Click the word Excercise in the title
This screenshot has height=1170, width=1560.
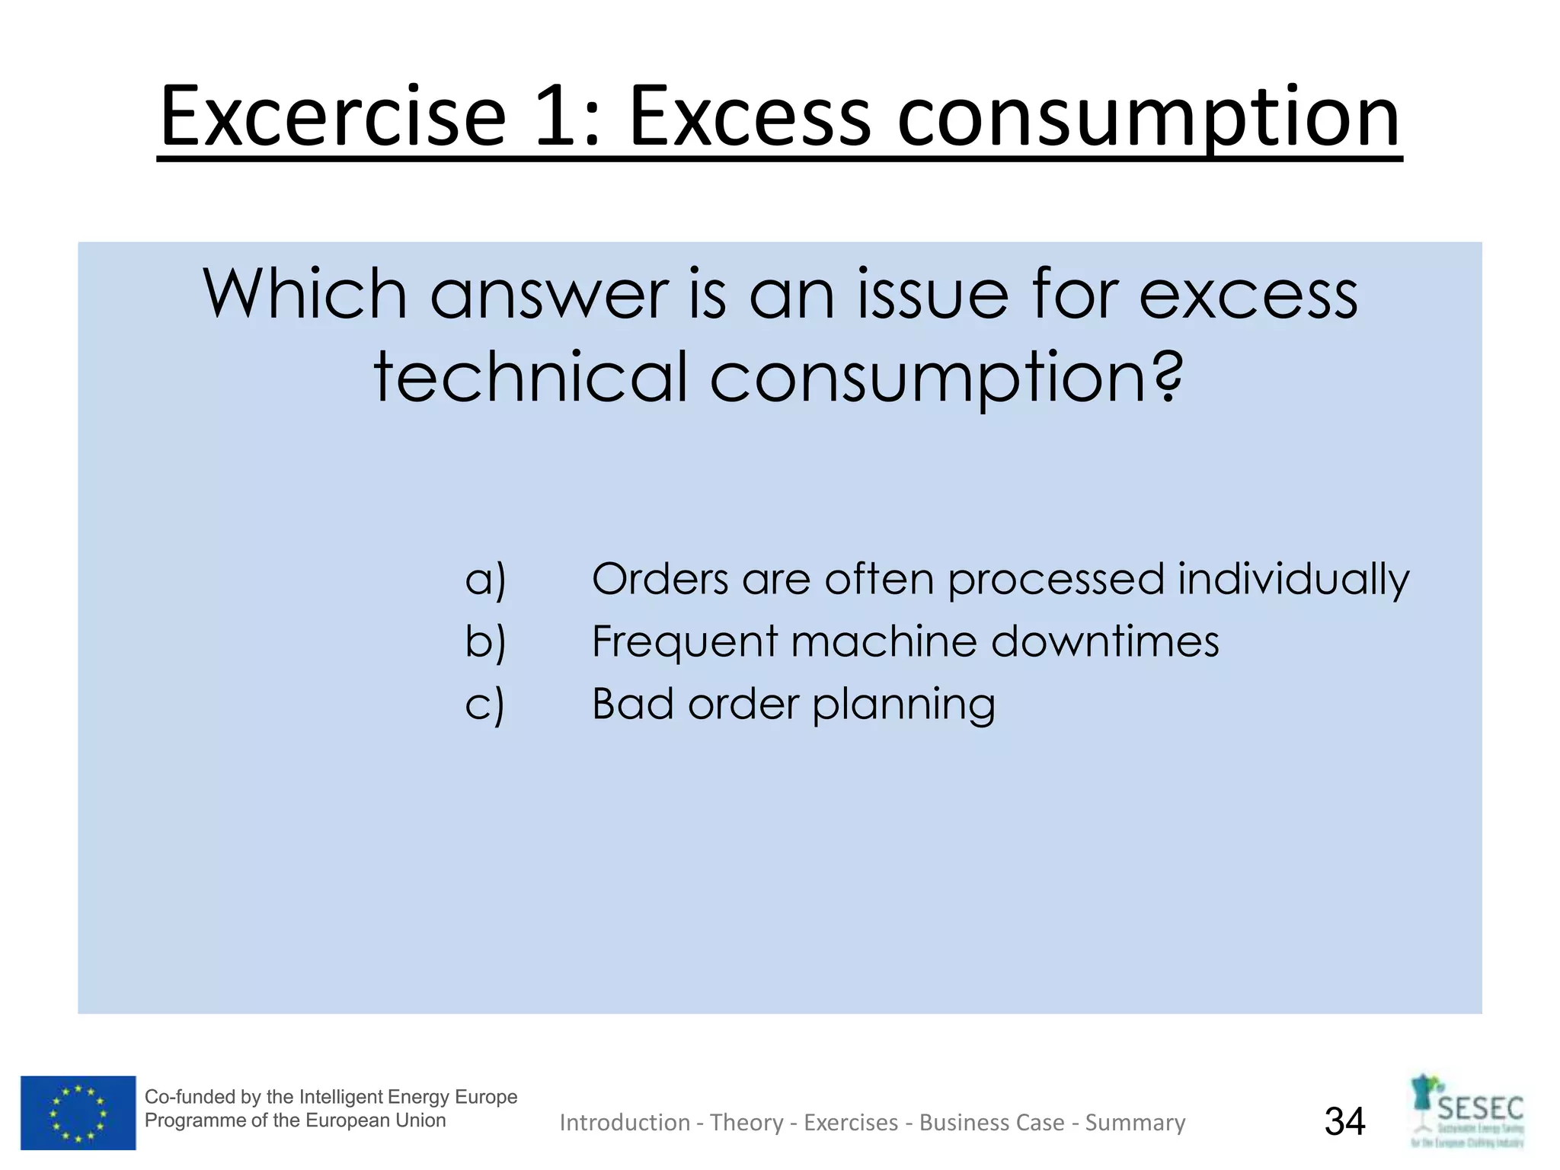coord(333,118)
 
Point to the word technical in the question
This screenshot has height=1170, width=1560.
coord(530,377)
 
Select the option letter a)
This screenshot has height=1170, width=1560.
coord(485,580)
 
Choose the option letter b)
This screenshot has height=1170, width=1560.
coord(485,641)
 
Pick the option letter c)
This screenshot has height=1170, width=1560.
coord(484,704)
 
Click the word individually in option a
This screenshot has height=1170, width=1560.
coord(1293,580)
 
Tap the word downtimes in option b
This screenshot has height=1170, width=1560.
coord(1104,641)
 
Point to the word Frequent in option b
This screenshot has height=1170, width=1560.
coord(683,642)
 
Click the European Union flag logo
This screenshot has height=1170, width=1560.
coord(78,1112)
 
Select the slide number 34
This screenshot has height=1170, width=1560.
coord(1345,1121)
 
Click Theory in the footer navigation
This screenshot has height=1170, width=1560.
coord(746,1123)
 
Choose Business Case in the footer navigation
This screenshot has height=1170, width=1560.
coord(992,1123)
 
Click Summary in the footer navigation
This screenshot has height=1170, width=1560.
coord(1135,1123)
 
